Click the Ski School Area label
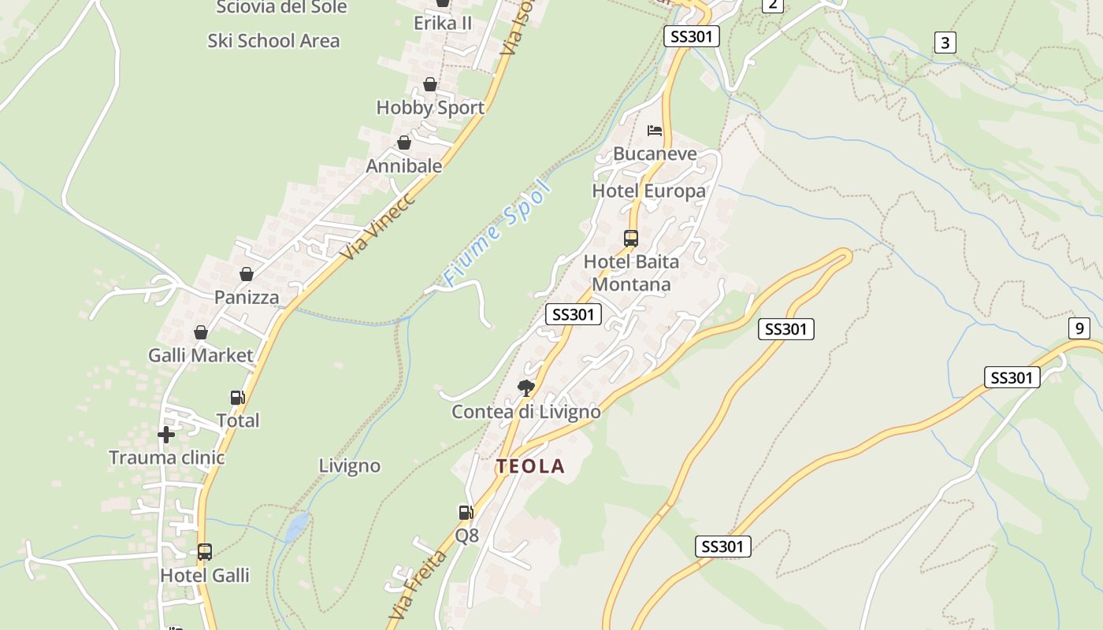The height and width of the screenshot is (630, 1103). (x=273, y=41)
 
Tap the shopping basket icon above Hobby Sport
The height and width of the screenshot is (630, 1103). (x=430, y=84)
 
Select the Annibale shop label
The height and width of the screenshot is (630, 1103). (x=404, y=166)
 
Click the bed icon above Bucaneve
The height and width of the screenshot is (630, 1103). (x=655, y=131)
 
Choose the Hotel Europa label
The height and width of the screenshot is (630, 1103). (x=648, y=191)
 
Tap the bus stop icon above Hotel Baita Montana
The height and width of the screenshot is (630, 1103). (x=630, y=238)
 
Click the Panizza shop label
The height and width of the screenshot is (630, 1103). (x=247, y=297)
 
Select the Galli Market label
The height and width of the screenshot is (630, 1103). (x=201, y=355)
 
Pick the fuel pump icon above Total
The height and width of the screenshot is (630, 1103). (x=237, y=398)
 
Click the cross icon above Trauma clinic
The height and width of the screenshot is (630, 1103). (x=165, y=435)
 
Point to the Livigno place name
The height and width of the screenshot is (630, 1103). (x=349, y=465)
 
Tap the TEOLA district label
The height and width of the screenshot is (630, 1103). (x=530, y=466)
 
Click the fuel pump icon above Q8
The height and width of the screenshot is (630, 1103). (x=466, y=513)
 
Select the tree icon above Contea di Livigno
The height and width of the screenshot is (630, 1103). (x=526, y=387)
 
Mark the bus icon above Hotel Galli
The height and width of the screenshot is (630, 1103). (x=205, y=552)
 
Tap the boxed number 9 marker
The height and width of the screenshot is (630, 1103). (x=1079, y=328)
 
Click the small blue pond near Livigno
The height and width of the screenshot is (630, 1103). (x=297, y=527)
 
